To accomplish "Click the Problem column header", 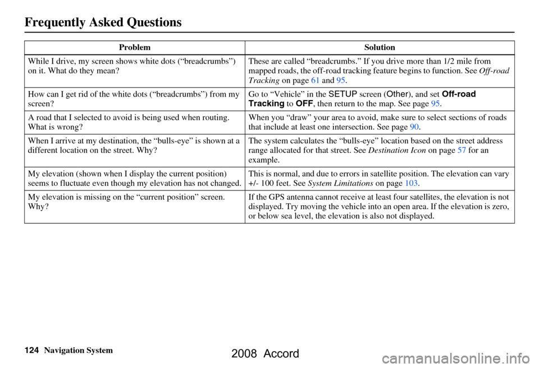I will tap(134, 48).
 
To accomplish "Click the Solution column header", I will tap(380, 48).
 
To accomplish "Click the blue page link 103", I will tap(411, 182).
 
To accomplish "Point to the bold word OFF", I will tap(310, 103).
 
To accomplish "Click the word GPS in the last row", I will tap(271, 198).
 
